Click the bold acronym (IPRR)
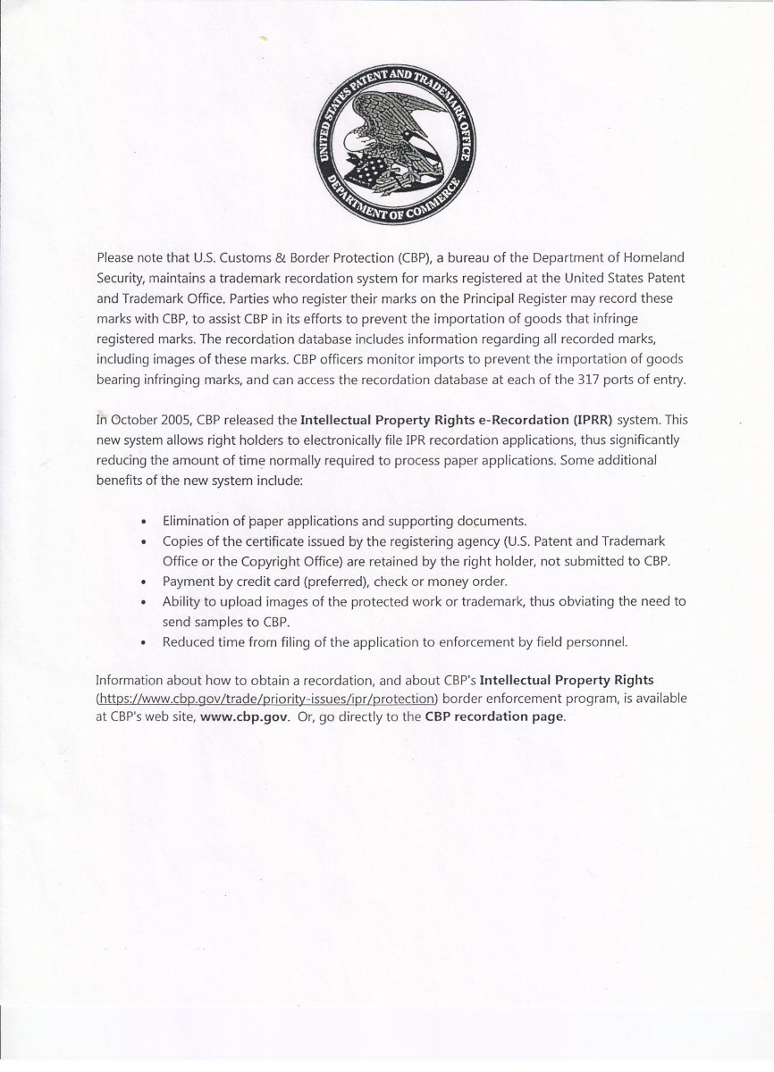(592, 419)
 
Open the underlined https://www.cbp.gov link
(267, 698)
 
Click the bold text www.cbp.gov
(245, 717)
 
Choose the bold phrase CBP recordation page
(494, 717)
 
